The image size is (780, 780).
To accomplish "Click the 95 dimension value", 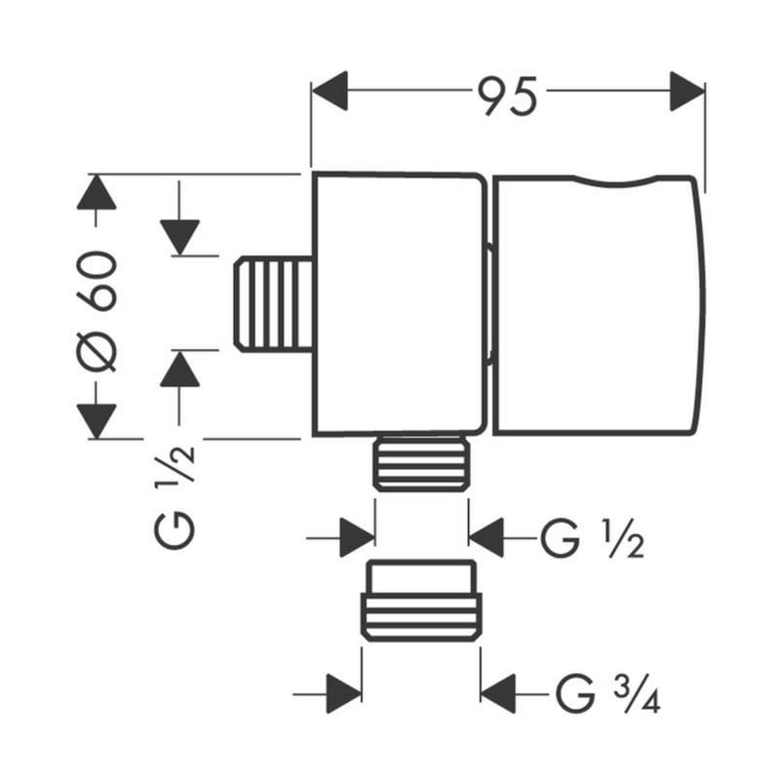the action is coord(507,96).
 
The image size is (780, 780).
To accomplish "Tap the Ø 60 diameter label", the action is coord(97,311).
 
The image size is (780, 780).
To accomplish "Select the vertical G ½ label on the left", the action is coord(175,497).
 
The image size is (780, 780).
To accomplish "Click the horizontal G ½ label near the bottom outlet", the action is coord(592,539).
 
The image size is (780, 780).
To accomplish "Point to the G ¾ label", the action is coord(607,693).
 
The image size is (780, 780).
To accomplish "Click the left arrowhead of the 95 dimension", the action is coord(330,91).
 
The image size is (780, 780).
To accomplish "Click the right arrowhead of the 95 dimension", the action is coord(687,91).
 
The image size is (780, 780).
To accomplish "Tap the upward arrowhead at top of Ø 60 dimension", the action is coord(97,192).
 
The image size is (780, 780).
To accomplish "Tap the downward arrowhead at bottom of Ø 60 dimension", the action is coord(97,421).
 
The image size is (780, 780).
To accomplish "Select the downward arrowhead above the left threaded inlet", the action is coord(179,238).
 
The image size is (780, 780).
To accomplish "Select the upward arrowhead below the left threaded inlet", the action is coord(179,369).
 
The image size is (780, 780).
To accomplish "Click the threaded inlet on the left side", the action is coord(273,304).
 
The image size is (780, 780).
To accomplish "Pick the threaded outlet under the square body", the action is coord(421,463).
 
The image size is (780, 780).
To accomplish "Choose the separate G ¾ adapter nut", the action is coord(421,601).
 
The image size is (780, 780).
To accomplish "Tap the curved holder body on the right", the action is coord(599,305).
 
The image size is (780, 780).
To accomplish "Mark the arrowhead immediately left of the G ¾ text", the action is coord(498,694).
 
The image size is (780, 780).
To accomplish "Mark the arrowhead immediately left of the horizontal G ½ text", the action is coord(486,538).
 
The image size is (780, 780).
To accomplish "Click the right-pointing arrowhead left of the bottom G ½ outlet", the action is coord(357,538).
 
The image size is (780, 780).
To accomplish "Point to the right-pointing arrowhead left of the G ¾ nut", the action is coord(344,694).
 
